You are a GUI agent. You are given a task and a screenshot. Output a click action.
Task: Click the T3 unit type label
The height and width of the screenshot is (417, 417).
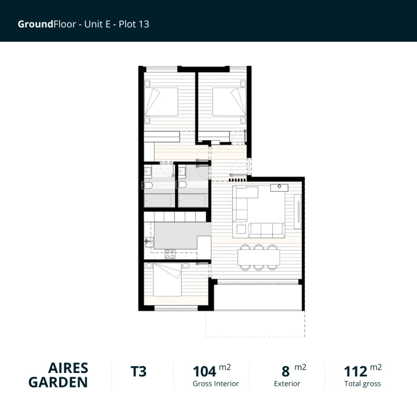click(138, 372)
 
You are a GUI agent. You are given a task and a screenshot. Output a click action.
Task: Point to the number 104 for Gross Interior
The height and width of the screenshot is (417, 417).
click(204, 372)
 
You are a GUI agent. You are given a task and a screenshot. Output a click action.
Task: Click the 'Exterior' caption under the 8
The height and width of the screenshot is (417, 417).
click(287, 383)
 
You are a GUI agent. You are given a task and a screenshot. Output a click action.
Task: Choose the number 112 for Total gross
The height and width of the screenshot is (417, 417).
click(356, 372)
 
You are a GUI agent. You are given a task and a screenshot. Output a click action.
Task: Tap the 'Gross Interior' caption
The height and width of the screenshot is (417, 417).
click(215, 383)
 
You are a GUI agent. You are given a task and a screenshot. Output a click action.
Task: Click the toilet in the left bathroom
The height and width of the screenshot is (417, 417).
click(147, 185)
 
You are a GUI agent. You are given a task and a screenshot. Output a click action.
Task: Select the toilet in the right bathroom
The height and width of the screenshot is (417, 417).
click(182, 185)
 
